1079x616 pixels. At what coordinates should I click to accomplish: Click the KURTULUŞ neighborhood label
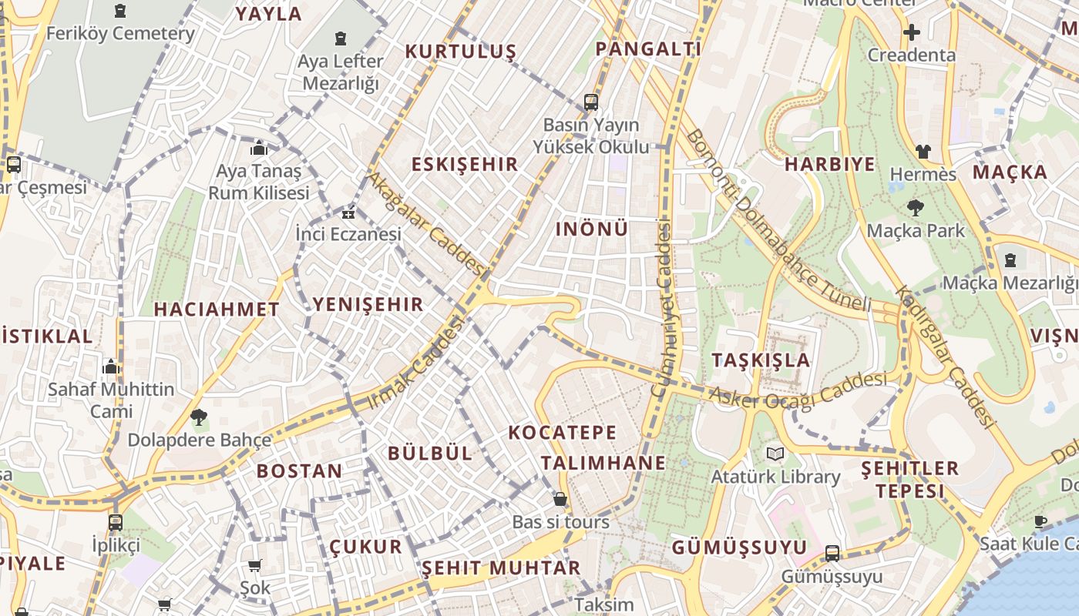click(461, 52)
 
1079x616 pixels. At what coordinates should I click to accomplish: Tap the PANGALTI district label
click(648, 49)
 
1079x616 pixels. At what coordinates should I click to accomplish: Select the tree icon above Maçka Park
click(916, 207)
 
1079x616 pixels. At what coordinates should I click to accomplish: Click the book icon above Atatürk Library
click(775, 454)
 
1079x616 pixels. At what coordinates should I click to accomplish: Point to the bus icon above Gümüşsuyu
click(832, 553)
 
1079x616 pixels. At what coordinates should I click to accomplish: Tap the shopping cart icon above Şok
click(255, 566)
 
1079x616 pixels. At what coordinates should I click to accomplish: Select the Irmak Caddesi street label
click(416, 363)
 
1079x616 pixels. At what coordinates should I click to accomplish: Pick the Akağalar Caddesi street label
click(425, 224)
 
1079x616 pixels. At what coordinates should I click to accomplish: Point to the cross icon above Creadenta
click(912, 32)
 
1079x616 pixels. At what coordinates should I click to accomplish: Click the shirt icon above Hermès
click(923, 152)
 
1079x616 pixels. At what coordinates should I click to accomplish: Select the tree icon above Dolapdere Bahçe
click(199, 417)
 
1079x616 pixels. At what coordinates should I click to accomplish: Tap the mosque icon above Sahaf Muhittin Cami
click(111, 367)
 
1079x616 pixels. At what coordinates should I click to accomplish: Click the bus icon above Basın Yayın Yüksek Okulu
click(591, 102)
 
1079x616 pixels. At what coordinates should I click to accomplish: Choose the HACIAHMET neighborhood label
click(217, 310)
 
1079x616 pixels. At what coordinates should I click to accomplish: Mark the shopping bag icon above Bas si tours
click(560, 499)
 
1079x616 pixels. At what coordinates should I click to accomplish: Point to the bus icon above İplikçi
click(116, 522)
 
